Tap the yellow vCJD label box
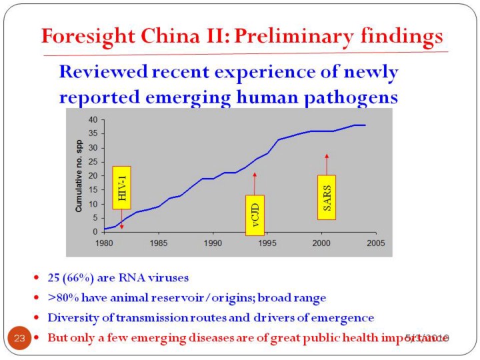coord(255,215)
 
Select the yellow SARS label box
coord(326,197)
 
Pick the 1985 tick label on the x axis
coord(158,243)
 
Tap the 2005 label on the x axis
coord(375,243)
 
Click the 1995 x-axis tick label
coord(267,243)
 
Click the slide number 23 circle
coord(19,338)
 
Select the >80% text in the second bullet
coord(62,296)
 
